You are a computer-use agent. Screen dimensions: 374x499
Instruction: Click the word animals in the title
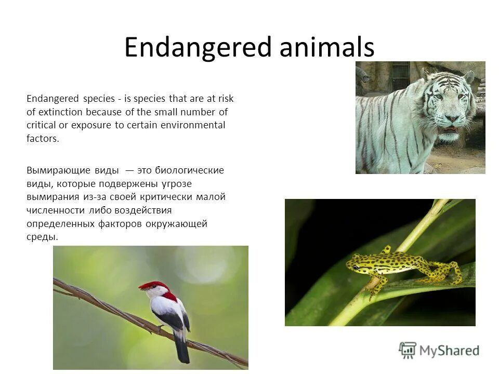(326, 48)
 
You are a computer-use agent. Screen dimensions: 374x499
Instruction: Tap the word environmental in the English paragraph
(193, 126)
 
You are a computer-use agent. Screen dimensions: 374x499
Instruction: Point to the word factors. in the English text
(43, 139)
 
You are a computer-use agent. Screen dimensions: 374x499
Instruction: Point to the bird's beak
(141, 287)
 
